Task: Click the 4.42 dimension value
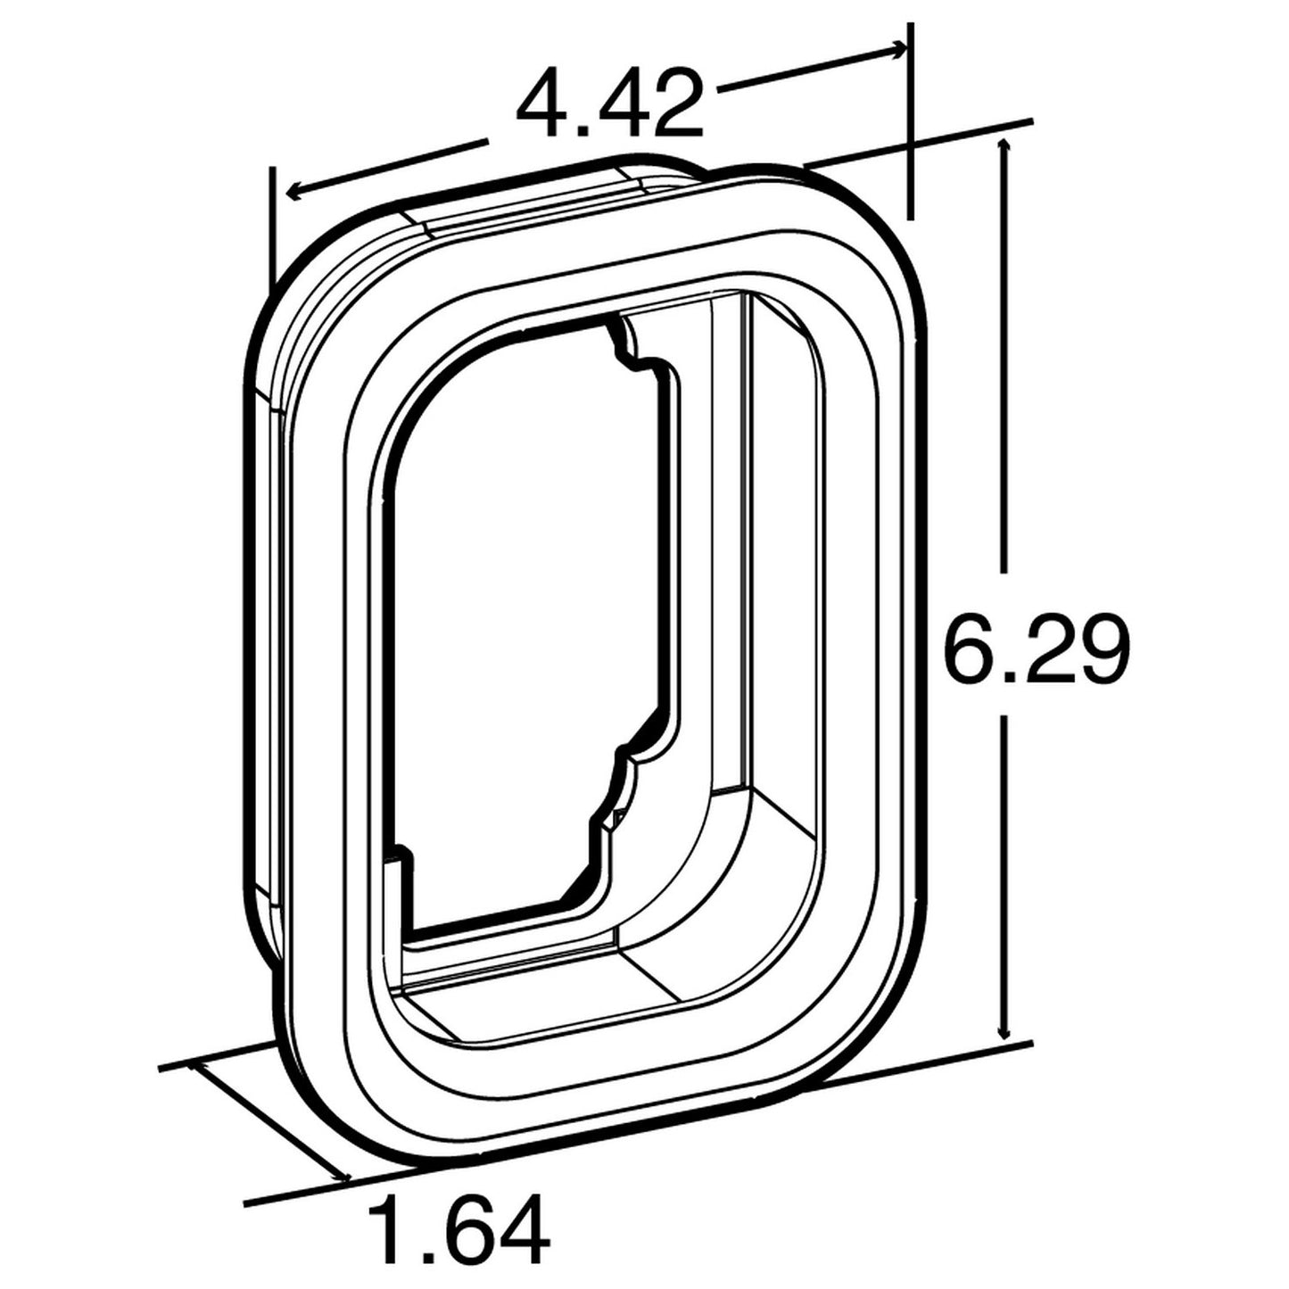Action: (610, 106)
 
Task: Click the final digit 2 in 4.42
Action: (671, 106)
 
